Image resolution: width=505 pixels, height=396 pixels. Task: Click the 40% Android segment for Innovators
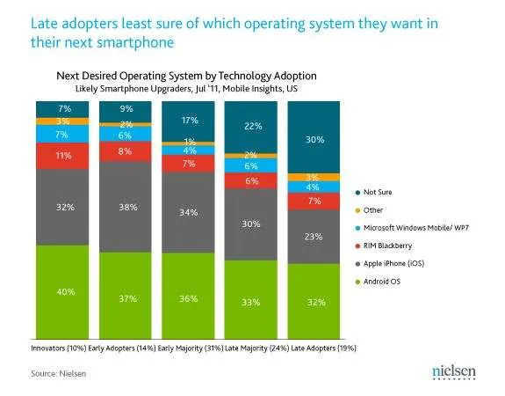point(62,292)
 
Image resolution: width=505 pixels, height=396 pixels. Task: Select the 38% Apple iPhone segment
point(126,207)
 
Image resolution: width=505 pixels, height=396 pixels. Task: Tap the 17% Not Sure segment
point(188,121)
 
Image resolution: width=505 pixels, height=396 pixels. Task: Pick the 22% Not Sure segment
point(251,127)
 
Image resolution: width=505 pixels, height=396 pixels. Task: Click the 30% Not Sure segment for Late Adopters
point(314,137)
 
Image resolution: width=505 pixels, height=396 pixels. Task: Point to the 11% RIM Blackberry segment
point(62,156)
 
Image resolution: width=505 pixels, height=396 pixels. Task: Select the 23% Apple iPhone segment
point(314,238)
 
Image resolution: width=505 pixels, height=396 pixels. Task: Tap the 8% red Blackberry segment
point(126,151)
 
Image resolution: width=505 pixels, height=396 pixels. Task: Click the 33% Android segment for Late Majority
point(251,299)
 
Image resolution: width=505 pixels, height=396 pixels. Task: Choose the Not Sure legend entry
point(373,193)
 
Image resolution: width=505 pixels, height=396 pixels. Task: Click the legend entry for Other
point(369,210)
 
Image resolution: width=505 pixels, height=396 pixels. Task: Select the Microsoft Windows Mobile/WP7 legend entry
point(412,228)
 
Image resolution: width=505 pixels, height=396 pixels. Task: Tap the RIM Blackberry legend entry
point(384,246)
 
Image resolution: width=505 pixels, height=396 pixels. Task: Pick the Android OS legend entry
point(378,282)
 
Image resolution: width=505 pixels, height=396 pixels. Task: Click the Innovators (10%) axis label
point(59,348)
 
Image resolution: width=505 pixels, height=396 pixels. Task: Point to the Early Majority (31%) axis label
point(191,348)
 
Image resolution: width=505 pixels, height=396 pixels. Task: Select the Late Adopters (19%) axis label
point(324,348)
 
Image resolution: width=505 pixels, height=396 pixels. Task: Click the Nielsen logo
point(454,371)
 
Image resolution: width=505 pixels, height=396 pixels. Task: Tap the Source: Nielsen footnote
point(59,374)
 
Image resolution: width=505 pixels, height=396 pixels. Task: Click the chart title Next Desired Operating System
point(186,76)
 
